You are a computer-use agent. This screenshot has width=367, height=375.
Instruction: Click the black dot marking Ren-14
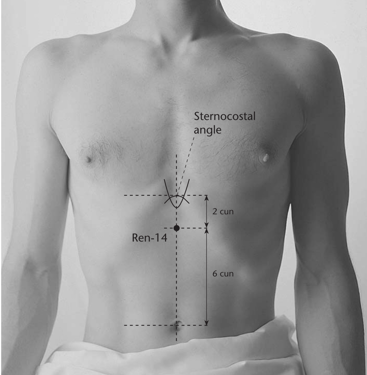(x=176, y=228)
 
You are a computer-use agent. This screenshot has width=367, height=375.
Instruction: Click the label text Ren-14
(x=150, y=238)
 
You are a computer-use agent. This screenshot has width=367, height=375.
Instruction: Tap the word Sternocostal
(x=225, y=116)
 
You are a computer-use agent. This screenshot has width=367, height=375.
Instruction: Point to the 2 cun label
(x=223, y=212)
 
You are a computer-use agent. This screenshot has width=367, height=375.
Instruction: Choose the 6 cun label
(x=223, y=274)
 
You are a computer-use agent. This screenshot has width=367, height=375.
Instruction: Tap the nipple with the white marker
(x=265, y=158)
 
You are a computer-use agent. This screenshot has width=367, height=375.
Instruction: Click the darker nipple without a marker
(x=89, y=159)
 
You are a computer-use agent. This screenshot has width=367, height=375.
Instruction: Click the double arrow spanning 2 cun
(x=207, y=212)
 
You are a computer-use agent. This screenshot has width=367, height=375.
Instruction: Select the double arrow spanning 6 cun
(x=207, y=277)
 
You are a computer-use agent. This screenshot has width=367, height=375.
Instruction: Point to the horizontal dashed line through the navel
(x=166, y=325)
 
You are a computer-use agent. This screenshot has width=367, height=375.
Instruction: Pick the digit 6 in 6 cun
(x=215, y=274)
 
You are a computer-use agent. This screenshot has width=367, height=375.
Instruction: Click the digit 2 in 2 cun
(x=215, y=212)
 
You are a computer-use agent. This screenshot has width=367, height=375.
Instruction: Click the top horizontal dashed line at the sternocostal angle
(x=166, y=195)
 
